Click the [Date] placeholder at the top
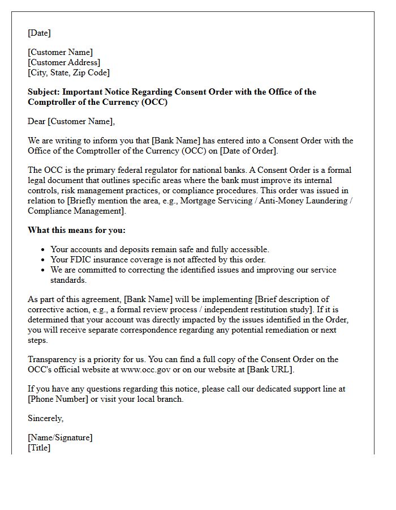tap(39, 33)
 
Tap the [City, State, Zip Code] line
tap(68, 73)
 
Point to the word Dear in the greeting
tap(37, 121)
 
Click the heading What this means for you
tap(76, 230)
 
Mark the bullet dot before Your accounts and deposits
tap(44, 250)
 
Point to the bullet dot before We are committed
tap(44, 270)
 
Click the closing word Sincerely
tap(45, 418)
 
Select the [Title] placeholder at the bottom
tap(39, 448)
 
